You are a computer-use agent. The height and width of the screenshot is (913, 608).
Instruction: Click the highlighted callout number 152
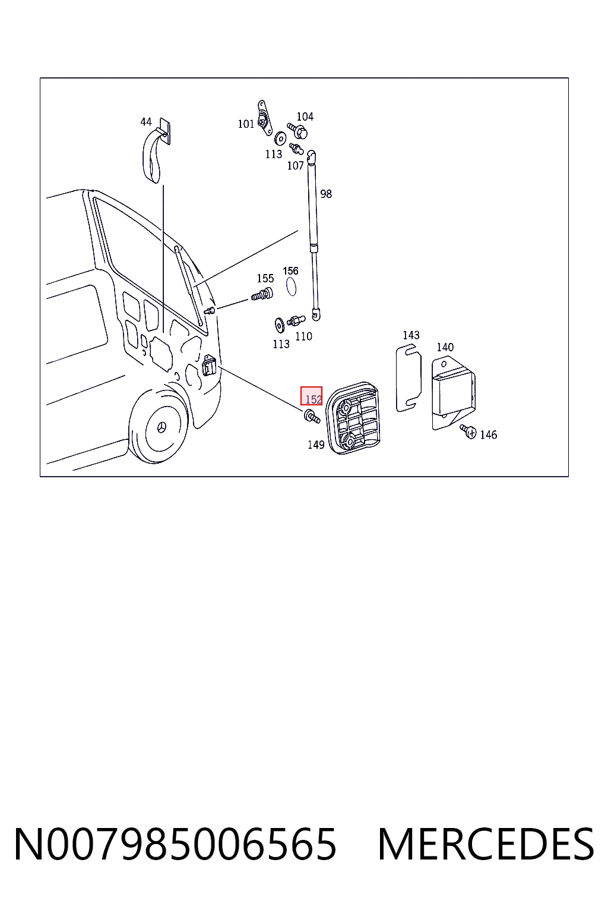[313, 399]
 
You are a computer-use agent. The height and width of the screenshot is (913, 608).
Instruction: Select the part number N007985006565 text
[175, 844]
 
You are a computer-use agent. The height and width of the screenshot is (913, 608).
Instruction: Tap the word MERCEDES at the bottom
[486, 844]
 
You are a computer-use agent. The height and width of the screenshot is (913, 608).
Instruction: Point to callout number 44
[146, 121]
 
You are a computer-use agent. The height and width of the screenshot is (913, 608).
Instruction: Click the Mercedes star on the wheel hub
[161, 427]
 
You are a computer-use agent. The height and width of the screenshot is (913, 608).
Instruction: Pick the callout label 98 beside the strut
[326, 194]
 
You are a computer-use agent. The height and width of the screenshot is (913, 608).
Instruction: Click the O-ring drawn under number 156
[291, 286]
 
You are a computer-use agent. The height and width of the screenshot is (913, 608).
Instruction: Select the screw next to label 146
[468, 430]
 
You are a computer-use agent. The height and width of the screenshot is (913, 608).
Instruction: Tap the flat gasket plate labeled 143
[408, 378]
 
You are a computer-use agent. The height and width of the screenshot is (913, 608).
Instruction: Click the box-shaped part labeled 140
[453, 393]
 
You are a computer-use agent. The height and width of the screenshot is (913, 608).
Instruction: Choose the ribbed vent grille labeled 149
[353, 418]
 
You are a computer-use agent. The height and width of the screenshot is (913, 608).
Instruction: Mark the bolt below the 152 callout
[312, 417]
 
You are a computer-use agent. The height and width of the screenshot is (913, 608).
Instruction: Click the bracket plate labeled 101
[264, 117]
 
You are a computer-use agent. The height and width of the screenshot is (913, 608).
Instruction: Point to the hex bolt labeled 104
[297, 131]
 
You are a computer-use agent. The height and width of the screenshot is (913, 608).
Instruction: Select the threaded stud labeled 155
[262, 294]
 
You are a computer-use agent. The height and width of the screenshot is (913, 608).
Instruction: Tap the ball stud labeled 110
[296, 320]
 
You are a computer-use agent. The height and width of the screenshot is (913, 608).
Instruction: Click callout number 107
[295, 165]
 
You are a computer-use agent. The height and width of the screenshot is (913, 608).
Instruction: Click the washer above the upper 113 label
[280, 138]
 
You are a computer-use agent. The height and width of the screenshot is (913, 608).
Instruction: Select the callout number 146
[488, 435]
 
